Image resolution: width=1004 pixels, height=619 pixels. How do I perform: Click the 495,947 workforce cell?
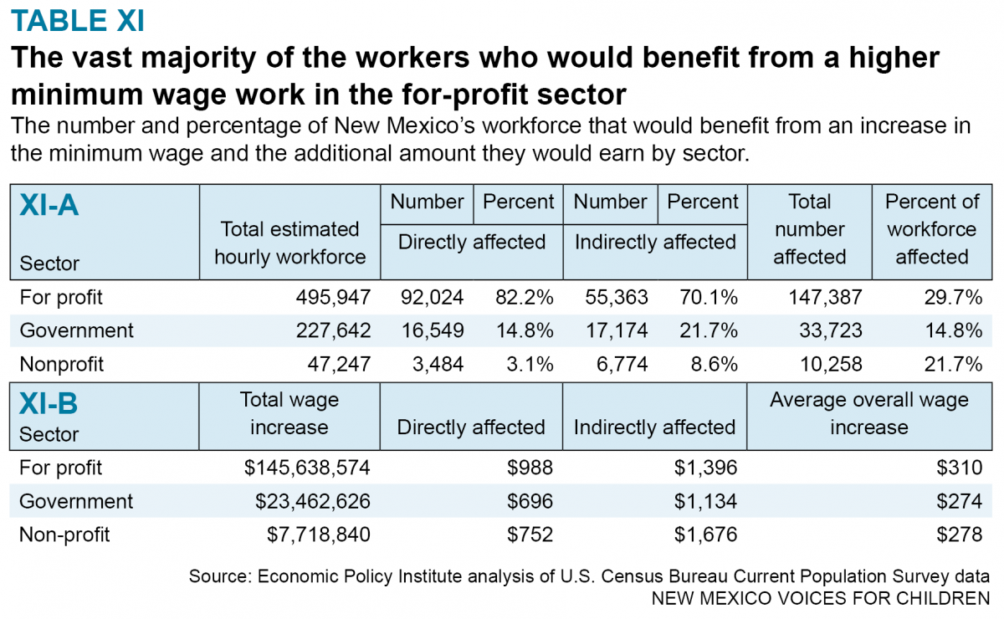coord(332,297)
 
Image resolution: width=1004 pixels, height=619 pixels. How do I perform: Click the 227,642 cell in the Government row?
coord(332,330)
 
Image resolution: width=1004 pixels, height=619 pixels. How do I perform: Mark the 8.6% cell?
coord(715,364)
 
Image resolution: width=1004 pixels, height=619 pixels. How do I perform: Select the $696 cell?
coord(530,501)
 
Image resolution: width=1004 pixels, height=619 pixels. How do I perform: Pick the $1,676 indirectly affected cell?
coord(706,535)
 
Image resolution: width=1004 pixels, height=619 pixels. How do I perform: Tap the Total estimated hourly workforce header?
coord(289,243)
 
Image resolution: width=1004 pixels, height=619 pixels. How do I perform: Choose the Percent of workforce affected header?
coord(931,229)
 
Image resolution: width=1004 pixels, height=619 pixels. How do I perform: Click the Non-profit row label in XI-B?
coord(64,535)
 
